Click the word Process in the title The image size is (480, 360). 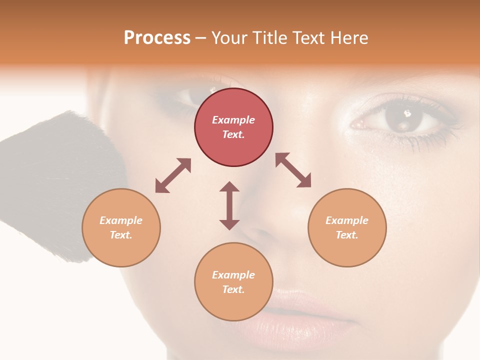157,38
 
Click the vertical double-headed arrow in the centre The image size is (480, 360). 229,205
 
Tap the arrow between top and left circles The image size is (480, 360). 173,175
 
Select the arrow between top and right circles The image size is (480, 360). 293,170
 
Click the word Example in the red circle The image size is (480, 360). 233,120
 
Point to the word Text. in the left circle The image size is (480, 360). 121,235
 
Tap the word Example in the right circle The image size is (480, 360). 347,220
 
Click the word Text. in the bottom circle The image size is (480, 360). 233,289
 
